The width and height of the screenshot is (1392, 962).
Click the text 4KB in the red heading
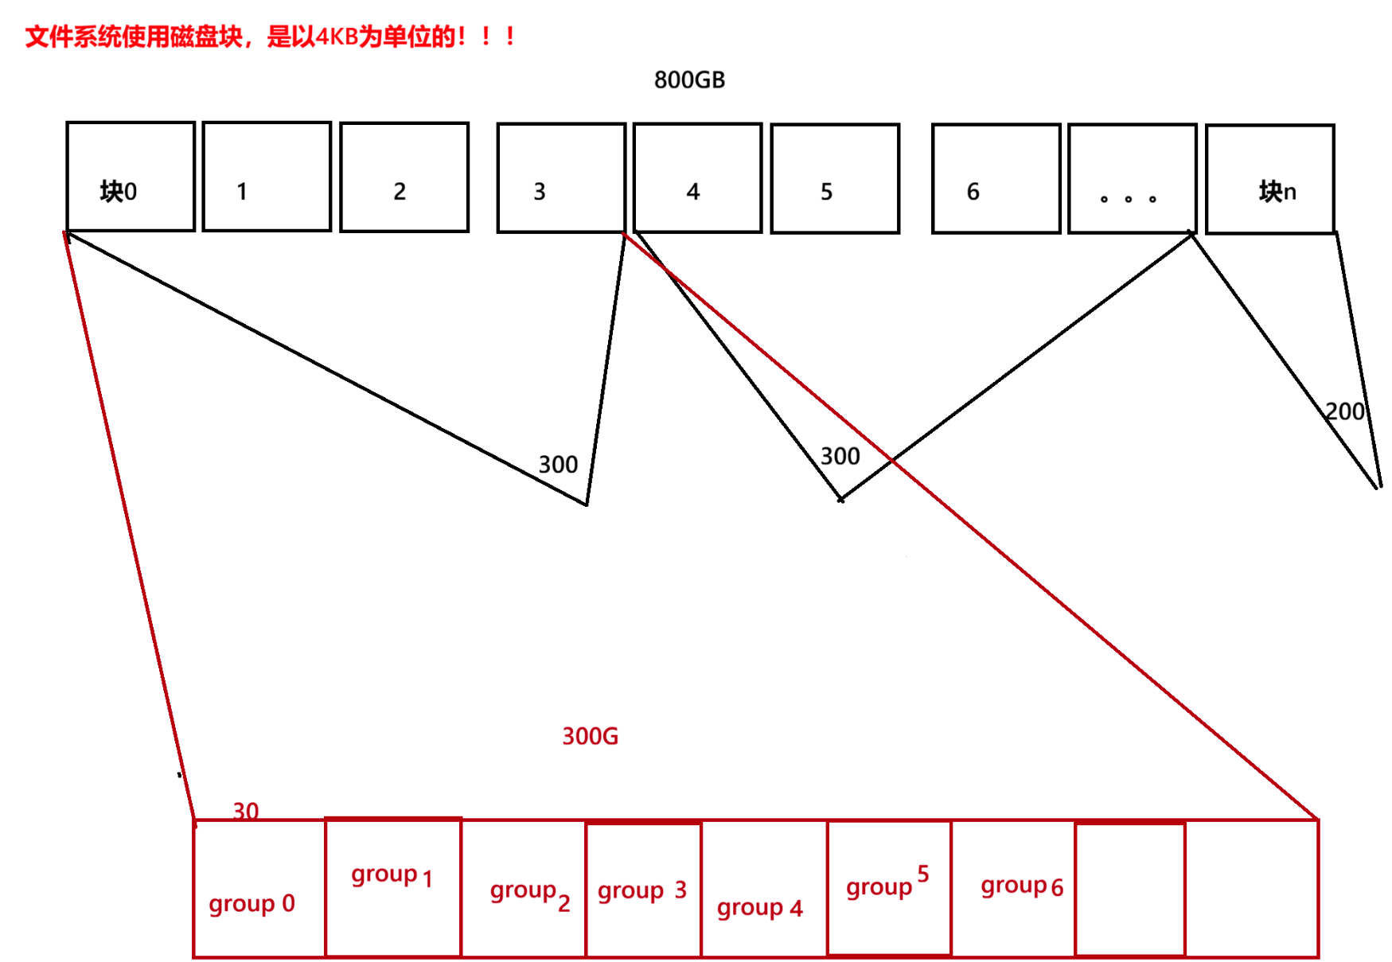(337, 37)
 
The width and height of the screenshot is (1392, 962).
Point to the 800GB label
(689, 80)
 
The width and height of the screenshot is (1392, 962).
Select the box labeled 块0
(131, 177)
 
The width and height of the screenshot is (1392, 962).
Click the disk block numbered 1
(267, 177)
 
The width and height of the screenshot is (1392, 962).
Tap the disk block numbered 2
(404, 177)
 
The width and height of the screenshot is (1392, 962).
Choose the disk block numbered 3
(561, 177)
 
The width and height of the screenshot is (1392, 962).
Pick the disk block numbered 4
(698, 177)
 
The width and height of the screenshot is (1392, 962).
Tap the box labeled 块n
(1270, 179)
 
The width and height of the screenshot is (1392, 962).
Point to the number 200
(1344, 411)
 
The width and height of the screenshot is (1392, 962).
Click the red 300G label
(590, 736)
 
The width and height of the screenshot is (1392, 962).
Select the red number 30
(245, 811)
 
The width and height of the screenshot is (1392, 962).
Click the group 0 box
(259, 888)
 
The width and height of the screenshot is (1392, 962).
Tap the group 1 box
(393, 886)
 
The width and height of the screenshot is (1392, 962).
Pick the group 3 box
(643, 890)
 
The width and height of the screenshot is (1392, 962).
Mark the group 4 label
(759, 908)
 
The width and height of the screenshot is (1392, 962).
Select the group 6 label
(1021, 886)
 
